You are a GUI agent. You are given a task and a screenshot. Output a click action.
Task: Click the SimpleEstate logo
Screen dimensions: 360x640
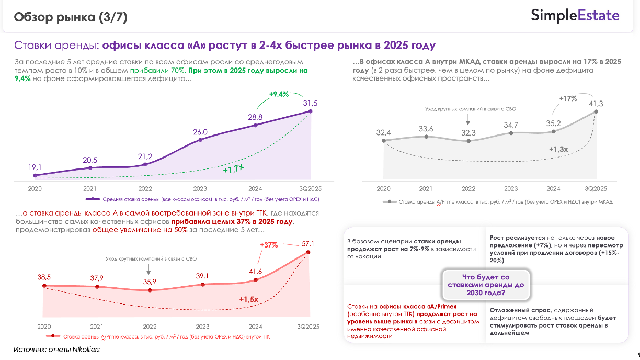(575, 16)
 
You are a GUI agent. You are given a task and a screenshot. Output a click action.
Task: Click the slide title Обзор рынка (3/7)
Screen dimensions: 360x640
(71, 17)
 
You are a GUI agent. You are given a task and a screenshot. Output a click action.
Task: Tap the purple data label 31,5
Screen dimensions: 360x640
(311, 103)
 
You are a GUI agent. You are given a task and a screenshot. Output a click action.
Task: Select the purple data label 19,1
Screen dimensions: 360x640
(35, 167)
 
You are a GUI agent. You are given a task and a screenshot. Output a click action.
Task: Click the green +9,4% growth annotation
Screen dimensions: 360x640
(279, 95)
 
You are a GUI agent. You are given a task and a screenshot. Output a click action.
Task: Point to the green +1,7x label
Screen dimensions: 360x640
(233, 170)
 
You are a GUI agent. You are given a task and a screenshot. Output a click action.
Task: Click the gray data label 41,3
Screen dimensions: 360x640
(595, 104)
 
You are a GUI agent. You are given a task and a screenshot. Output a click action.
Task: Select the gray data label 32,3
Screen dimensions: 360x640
(468, 133)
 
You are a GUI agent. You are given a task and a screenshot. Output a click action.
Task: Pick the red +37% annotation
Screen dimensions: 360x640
(269, 245)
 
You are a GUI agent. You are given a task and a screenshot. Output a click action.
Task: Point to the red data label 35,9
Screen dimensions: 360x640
(150, 282)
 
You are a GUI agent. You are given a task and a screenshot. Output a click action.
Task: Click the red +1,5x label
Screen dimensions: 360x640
(248, 299)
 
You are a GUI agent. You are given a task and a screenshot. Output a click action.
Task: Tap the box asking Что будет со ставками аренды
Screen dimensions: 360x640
(486, 285)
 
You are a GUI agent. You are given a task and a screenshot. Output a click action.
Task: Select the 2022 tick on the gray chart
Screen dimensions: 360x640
(468, 189)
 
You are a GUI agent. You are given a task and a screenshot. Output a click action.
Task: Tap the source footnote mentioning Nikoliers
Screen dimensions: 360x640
(56, 349)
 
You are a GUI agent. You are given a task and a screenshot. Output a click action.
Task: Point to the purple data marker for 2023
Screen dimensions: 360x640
(201, 140)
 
